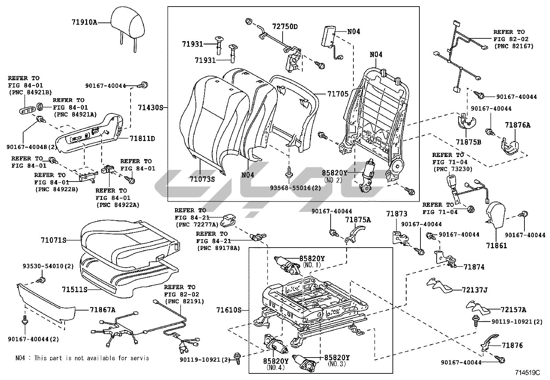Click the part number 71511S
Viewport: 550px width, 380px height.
pos(75,289)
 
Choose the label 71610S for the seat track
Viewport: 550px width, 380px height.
pos(229,310)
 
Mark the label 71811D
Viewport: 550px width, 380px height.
pos(142,139)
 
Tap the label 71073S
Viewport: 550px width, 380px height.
pos(202,179)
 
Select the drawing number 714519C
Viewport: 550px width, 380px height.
pos(528,373)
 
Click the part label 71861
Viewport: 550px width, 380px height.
pos(496,245)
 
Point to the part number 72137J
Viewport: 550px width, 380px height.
pos(474,290)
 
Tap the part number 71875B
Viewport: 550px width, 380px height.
pos(468,142)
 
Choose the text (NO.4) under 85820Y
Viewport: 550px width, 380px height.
pos(276,368)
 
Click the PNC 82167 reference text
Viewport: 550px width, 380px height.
pos(514,46)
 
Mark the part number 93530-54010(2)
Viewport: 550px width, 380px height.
pos(48,266)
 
